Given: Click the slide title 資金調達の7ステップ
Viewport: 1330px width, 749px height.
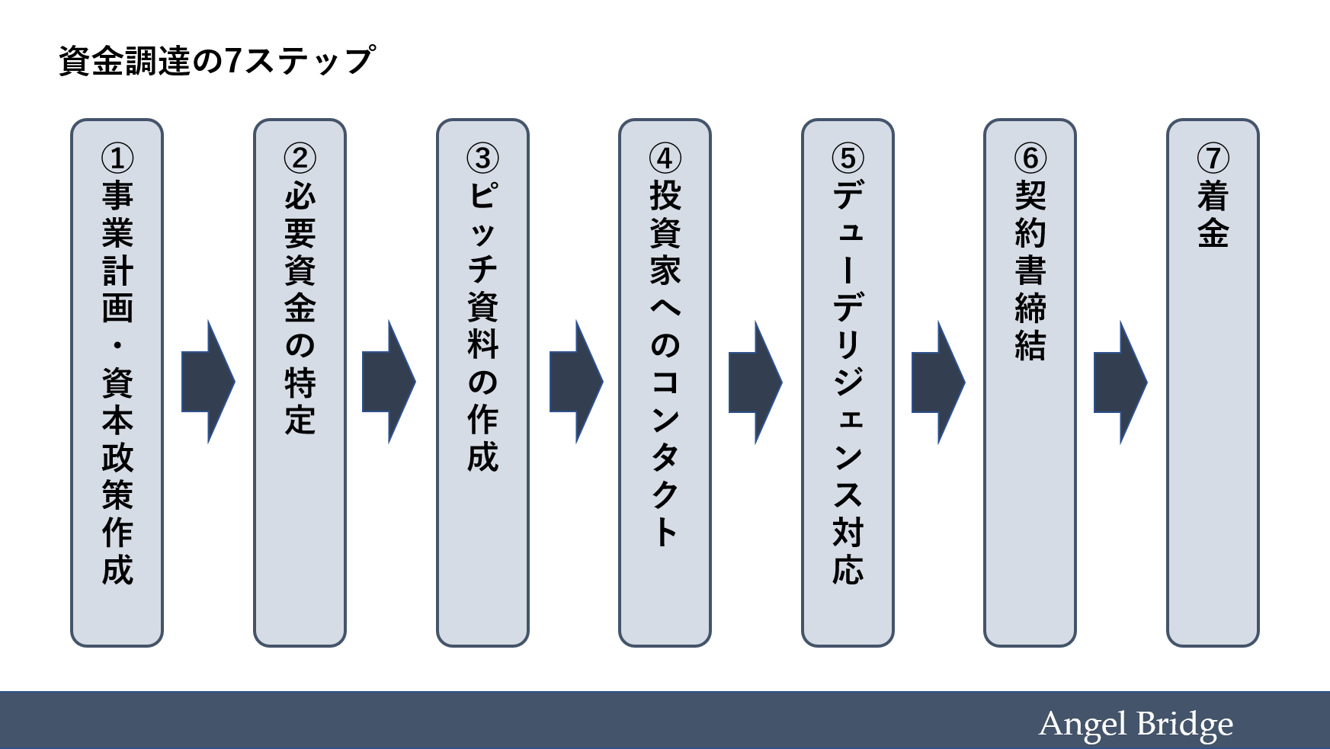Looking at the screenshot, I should click(216, 61).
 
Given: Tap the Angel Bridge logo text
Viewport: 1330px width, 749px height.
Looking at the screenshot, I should click(1135, 724).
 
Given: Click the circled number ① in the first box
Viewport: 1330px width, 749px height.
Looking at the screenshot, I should click(117, 158).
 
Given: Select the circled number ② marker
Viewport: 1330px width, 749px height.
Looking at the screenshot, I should click(300, 158).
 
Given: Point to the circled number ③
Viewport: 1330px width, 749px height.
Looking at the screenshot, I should click(482, 158).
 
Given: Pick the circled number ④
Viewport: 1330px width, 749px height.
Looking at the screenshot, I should click(665, 158).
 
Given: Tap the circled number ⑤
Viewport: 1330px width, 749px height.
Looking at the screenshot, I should click(848, 158).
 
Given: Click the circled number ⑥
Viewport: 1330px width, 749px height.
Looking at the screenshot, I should click(1030, 158).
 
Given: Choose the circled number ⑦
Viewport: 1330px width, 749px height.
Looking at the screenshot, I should click(1213, 158).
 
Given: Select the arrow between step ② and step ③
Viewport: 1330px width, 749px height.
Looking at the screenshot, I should click(388, 382).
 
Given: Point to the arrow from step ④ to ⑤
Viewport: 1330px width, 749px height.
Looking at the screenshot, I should click(755, 382).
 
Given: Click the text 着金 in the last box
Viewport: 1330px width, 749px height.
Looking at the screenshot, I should click(1213, 214).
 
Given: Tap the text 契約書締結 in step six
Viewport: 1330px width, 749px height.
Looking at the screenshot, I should click(1030, 270).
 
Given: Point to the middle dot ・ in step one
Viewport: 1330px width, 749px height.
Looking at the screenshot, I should click(117, 345).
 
